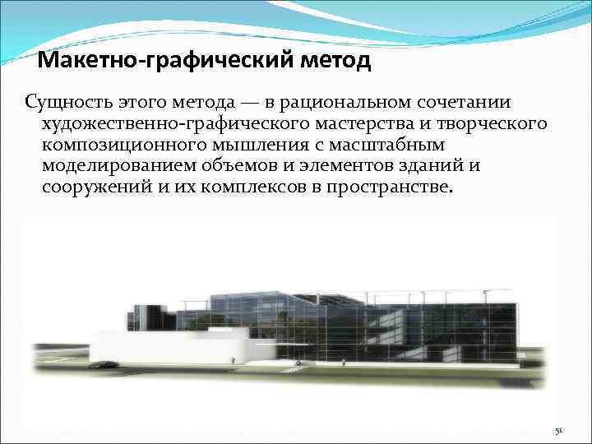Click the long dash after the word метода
click(x=249, y=103)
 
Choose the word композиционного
click(x=123, y=145)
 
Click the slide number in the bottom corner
click(x=557, y=431)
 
